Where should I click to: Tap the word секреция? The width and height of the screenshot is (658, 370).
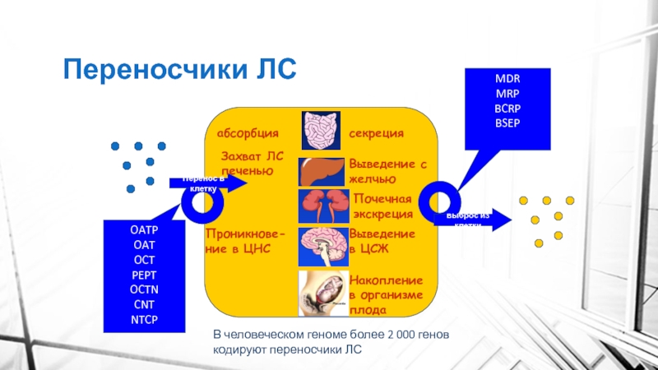pyautogui.click(x=376, y=133)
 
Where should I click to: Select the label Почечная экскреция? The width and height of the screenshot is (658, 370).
pyautogui.click(x=382, y=206)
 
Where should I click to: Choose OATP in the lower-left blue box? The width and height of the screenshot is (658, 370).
pyautogui.click(x=144, y=230)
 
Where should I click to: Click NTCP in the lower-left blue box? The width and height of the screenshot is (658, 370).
pyautogui.click(x=144, y=319)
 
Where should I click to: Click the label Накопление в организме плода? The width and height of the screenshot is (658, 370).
pyautogui.click(x=387, y=295)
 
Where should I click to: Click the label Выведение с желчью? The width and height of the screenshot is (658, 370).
pyautogui.click(x=388, y=171)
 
